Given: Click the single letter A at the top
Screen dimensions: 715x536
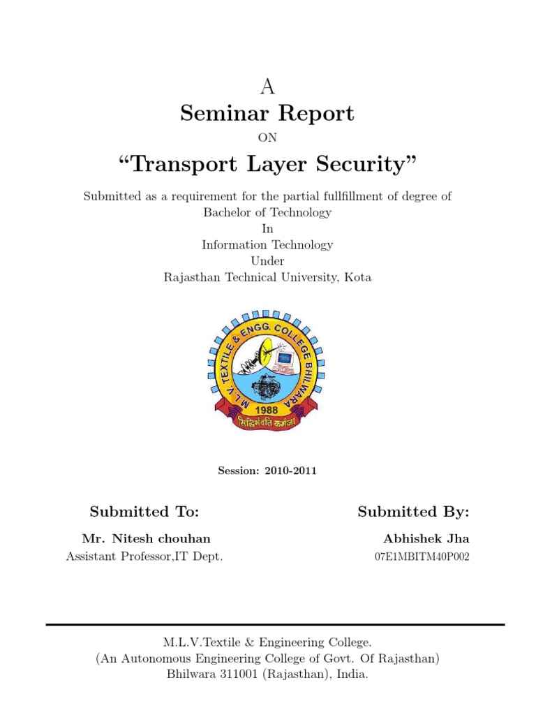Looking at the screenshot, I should click(x=267, y=87).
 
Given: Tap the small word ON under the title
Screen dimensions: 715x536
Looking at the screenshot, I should click(x=267, y=138).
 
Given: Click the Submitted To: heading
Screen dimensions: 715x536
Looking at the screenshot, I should click(x=144, y=512).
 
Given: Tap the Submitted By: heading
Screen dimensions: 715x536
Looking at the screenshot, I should click(x=413, y=512).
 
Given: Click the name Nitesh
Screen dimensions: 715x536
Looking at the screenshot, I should click(x=138, y=538).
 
